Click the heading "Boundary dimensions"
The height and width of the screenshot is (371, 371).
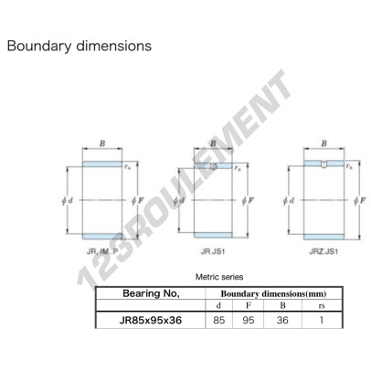point(79,47)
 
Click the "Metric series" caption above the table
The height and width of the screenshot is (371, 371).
point(219,277)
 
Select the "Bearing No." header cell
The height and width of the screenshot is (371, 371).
point(151,293)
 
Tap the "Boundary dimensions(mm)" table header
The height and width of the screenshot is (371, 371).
point(273,294)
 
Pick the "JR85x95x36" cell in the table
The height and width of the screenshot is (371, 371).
point(151,320)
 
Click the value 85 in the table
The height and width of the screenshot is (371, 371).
point(219,320)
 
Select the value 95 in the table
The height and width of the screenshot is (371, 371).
point(249,320)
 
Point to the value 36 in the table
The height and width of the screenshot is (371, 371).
point(282,320)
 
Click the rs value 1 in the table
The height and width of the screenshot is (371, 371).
point(322,320)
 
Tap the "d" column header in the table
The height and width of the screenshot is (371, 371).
point(218,305)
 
